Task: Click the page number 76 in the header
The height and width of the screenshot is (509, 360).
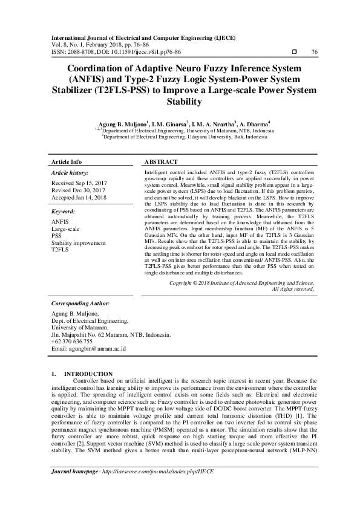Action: [314, 52]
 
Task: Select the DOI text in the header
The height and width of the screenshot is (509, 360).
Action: [126, 52]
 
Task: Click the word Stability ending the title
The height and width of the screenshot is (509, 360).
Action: [180, 102]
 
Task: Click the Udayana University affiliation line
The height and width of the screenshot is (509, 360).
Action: [183, 137]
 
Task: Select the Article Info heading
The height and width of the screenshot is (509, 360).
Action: [67, 163]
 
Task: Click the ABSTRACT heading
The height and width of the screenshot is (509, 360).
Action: [161, 163]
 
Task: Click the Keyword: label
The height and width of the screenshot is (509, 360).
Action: [63, 212]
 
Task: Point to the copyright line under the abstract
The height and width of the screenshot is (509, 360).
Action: [241, 283]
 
